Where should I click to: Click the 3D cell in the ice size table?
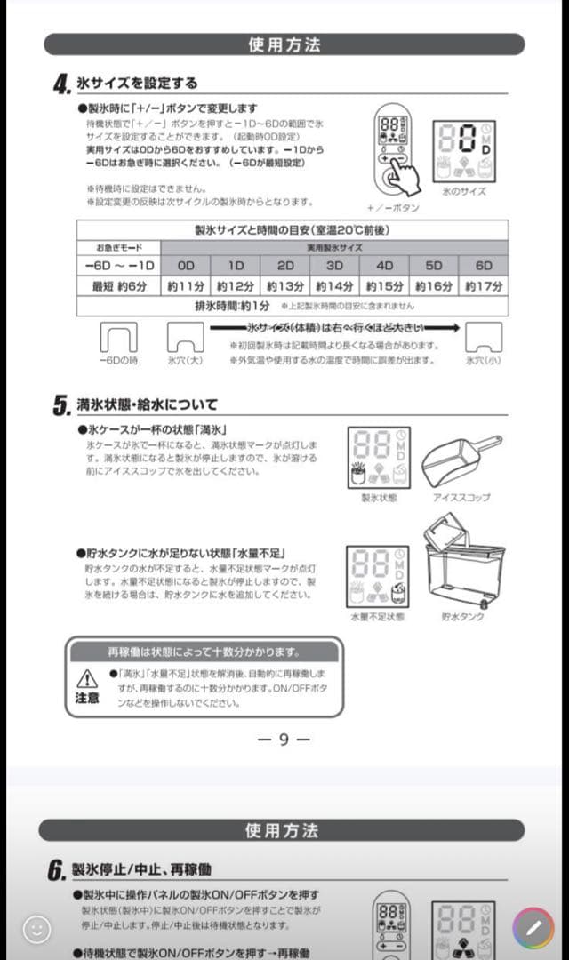click(x=334, y=265)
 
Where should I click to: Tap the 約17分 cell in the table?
click(x=483, y=286)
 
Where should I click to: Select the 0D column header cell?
click(x=185, y=265)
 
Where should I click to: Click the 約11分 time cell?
click(x=185, y=286)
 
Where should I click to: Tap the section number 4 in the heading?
click(x=60, y=85)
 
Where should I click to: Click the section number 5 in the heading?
click(x=60, y=406)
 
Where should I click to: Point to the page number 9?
click(x=284, y=739)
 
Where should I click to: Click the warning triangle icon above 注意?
click(x=86, y=679)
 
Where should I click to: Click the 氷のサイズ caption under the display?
click(x=463, y=191)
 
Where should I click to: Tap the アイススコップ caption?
click(x=461, y=498)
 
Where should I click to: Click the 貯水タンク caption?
click(x=462, y=617)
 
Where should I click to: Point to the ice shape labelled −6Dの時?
click(x=117, y=337)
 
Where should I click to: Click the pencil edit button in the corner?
click(x=533, y=930)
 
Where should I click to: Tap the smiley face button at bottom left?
click(x=36, y=930)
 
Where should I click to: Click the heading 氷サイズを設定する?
click(x=137, y=84)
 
